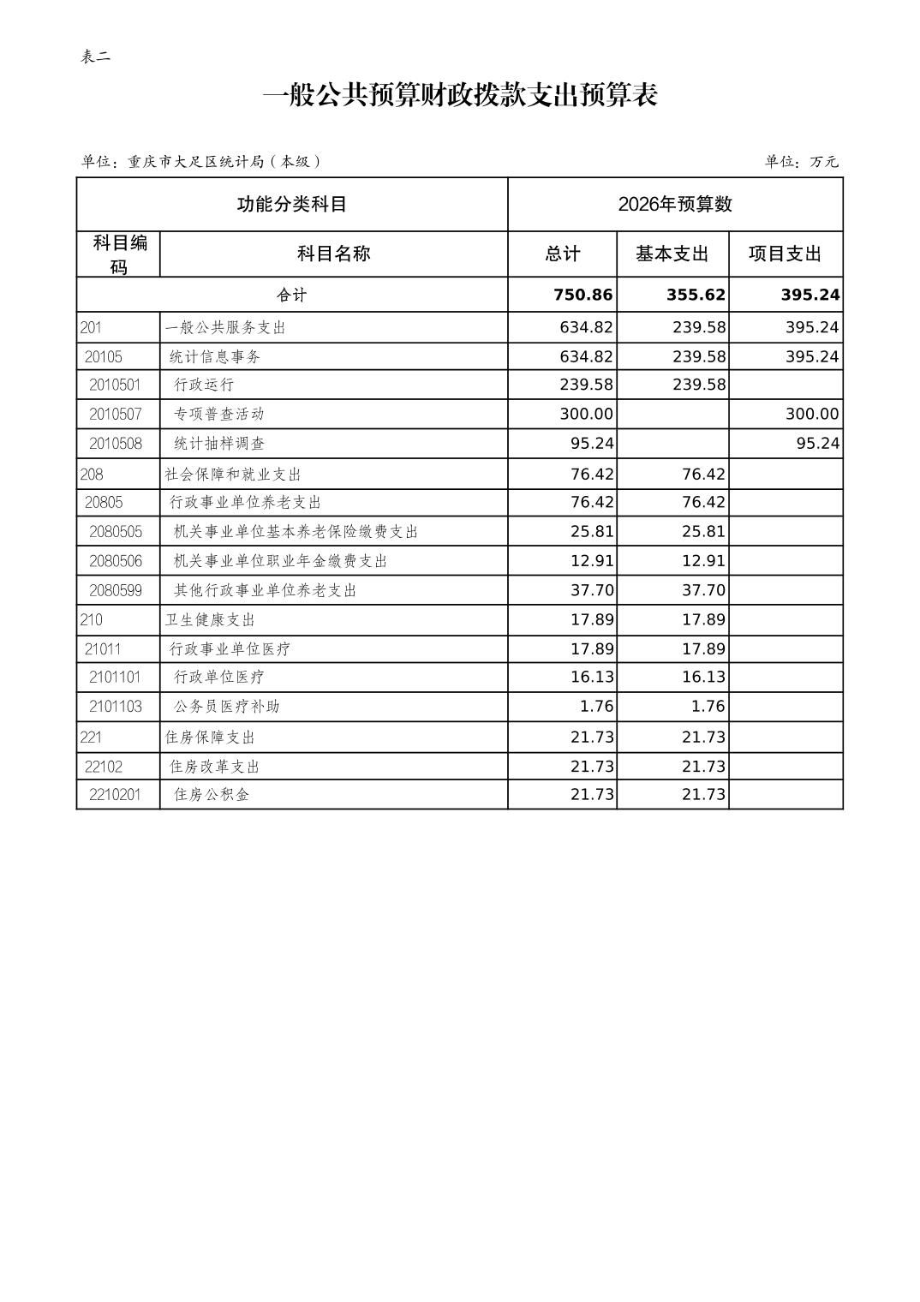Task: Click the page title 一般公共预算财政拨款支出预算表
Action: (460, 95)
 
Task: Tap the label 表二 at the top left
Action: (95, 57)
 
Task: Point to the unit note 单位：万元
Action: (801, 161)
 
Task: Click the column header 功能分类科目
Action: (291, 204)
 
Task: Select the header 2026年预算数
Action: (675, 204)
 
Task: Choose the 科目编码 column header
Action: (119, 254)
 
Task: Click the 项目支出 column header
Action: (785, 254)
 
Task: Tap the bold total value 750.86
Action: (582, 295)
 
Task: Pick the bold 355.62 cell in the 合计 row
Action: (696, 295)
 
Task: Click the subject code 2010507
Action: (116, 414)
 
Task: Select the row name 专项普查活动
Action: (218, 414)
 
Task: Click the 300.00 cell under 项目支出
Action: (811, 414)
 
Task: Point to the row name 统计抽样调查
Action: (218, 443)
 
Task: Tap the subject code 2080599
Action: (116, 590)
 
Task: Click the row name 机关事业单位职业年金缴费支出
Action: (280, 561)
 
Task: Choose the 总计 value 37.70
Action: (592, 590)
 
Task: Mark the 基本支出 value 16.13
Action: (703, 677)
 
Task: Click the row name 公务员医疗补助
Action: (226, 706)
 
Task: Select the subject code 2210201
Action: (116, 794)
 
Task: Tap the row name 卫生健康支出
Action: (210, 619)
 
